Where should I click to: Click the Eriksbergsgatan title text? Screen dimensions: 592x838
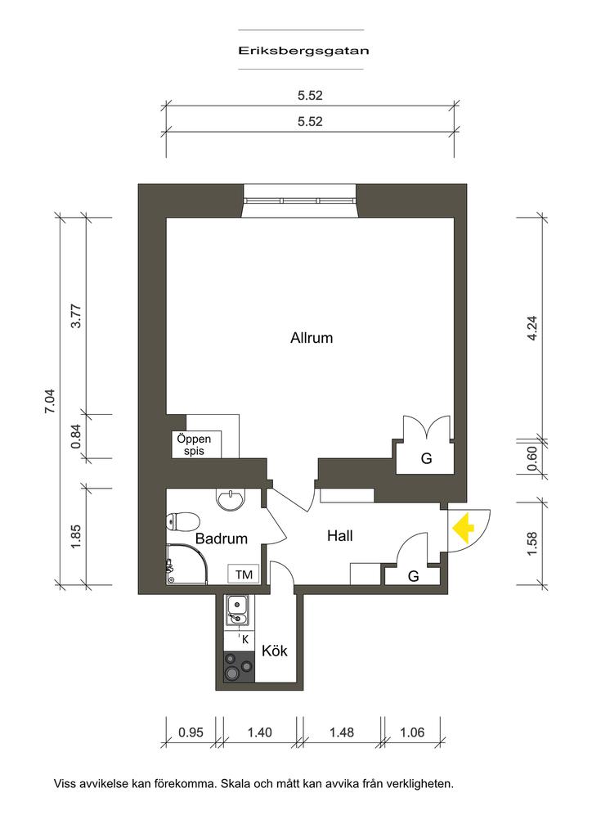[303, 51]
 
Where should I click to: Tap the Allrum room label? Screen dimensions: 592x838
[312, 338]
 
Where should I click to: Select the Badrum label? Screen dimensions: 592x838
[222, 538]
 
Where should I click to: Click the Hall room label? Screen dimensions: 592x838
[340, 535]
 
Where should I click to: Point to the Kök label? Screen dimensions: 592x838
[275, 651]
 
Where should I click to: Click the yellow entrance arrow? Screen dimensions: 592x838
[464, 528]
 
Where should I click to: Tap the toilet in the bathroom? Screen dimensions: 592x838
[182, 521]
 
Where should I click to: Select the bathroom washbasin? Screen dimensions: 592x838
[230, 500]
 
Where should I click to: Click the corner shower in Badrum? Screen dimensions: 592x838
[186, 564]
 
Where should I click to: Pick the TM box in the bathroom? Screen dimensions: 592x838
[244, 574]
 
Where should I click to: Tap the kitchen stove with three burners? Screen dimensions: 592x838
[239, 667]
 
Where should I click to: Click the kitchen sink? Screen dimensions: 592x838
[235, 610]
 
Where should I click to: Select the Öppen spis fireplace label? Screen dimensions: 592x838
[194, 444]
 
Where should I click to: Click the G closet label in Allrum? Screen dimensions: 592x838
[427, 458]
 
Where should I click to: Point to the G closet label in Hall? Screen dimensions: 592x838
[413, 576]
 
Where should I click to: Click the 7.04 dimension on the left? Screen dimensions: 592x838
[50, 401]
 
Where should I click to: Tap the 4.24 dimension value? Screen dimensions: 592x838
[532, 329]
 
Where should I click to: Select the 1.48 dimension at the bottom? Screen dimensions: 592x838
[342, 732]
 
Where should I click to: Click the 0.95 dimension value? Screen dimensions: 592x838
[191, 732]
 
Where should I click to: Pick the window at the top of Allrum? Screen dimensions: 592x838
[299, 201]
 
